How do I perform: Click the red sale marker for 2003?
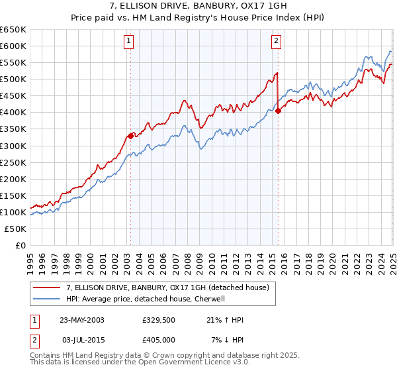130,135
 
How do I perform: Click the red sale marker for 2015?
278,111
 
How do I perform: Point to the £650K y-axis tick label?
13,30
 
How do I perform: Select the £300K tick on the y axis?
13,146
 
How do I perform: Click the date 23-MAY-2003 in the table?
82,320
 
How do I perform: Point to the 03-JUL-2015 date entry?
81,340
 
